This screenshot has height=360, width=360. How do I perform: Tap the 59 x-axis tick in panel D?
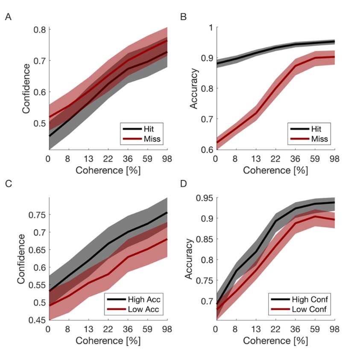316,329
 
